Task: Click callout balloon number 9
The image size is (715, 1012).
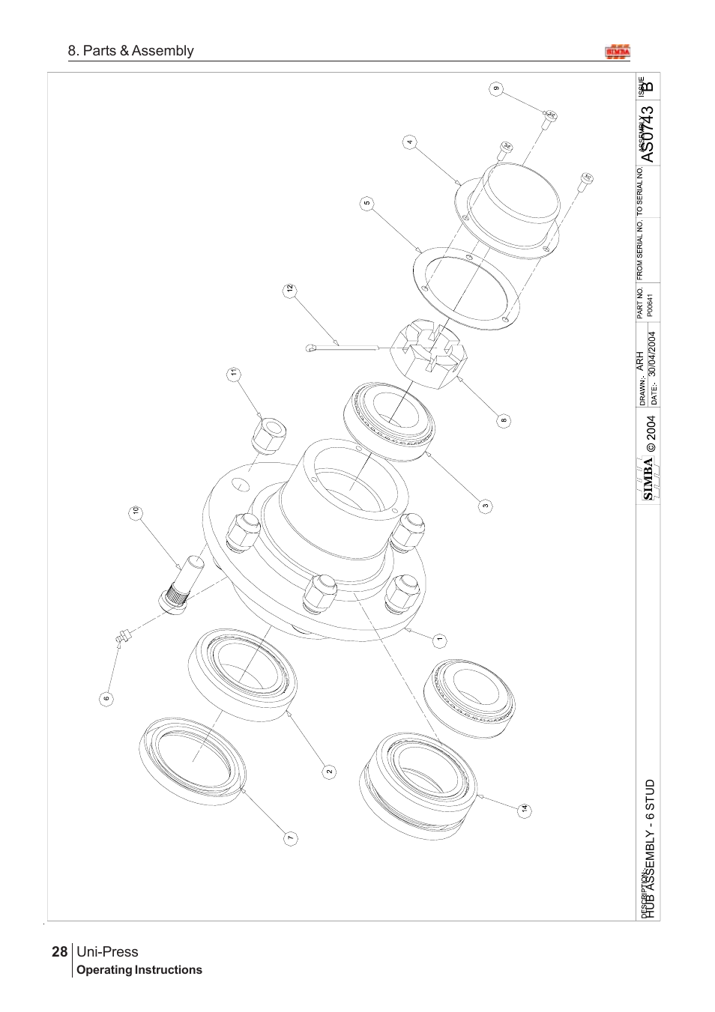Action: [x=496, y=89]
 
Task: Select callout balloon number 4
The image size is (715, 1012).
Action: [x=409, y=141]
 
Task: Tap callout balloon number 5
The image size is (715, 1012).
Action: [x=367, y=203]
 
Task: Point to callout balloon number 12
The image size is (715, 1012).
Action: [x=288, y=288]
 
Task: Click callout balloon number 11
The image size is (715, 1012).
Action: [x=234, y=372]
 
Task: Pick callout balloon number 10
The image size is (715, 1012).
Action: [x=136, y=512]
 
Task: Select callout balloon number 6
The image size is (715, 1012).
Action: [x=106, y=698]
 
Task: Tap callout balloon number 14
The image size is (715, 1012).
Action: [x=525, y=809]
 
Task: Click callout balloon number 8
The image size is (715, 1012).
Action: [x=504, y=420]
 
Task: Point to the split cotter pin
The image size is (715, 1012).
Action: [x=341, y=345]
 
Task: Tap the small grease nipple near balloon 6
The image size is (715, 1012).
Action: [x=122, y=637]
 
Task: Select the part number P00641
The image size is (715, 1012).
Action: [x=651, y=306]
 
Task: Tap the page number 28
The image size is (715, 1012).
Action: [x=59, y=952]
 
